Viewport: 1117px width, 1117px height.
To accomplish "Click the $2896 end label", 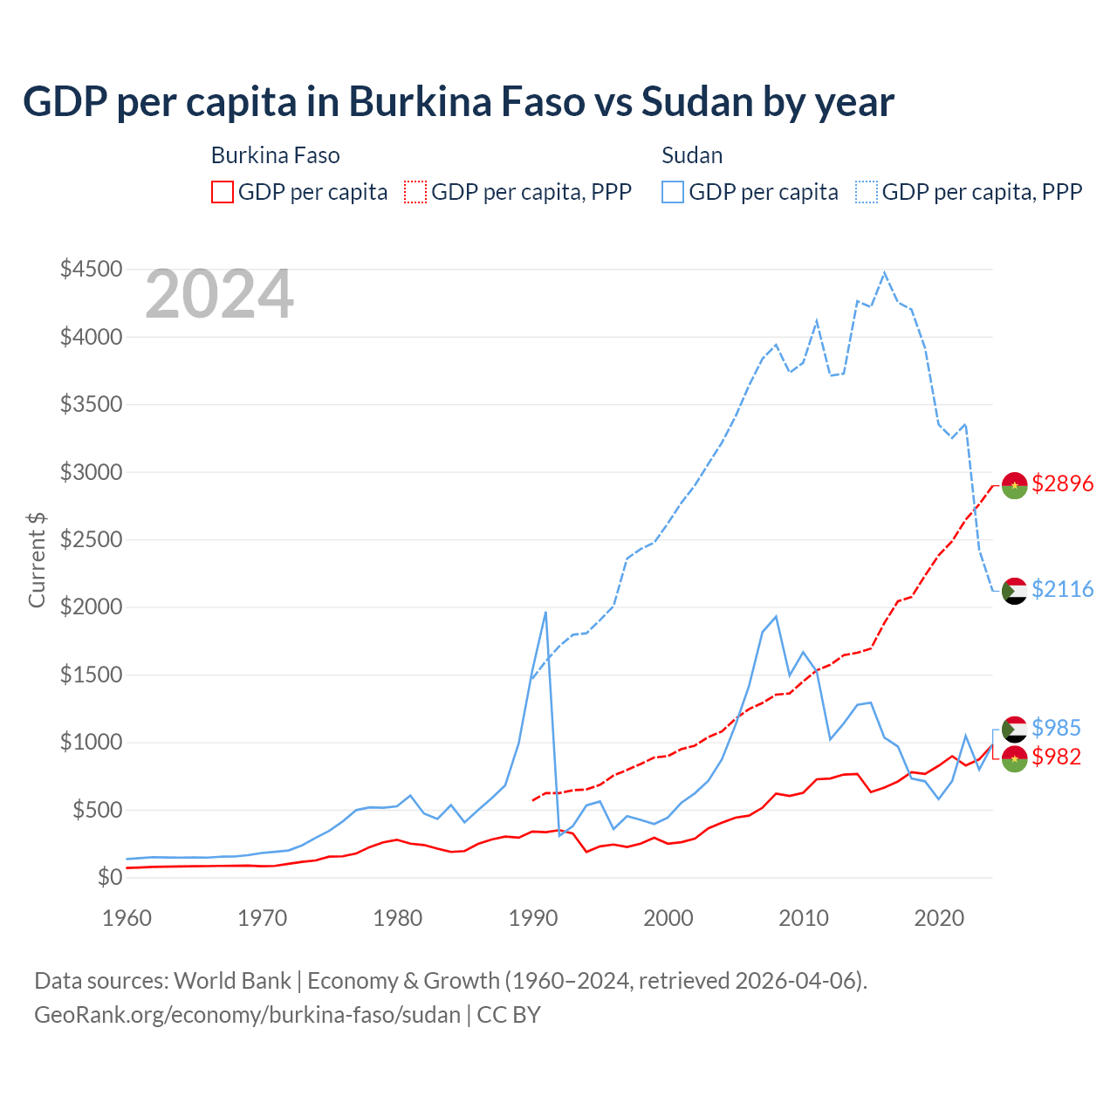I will [x=1062, y=483].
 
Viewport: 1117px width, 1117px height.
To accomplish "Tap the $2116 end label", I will [x=1062, y=589].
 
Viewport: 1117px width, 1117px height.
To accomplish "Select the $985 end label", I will [x=1056, y=728].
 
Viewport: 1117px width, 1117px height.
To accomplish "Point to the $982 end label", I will [x=1056, y=757].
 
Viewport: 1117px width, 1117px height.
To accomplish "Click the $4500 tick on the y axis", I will [x=91, y=269].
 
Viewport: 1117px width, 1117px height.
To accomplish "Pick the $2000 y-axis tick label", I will [x=91, y=606].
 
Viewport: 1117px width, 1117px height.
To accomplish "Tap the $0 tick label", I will [x=109, y=877].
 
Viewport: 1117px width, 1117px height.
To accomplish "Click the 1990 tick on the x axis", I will [x=533, y=918].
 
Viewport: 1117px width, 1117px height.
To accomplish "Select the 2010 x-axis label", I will [x=804, y=918].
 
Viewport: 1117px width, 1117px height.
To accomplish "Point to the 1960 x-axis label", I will [x=127, y=918].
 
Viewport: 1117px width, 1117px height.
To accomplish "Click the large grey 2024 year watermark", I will [x=219, y=295].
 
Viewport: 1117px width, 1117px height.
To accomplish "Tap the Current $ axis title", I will [x=37, y=559].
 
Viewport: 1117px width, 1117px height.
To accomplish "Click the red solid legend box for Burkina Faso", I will [x=223, y=192].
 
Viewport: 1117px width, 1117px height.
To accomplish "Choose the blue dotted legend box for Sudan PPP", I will [x=867, y=192].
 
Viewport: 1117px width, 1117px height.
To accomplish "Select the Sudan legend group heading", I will [x=692, y=155].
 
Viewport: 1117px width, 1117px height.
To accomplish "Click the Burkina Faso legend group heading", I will [x=275, y=155].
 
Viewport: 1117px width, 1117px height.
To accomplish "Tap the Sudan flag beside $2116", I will [x=1014, y=591].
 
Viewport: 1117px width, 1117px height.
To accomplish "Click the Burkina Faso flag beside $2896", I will [x=1014, y=485].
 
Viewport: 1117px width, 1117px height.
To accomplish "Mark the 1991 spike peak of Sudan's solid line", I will [x=545, y=612].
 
